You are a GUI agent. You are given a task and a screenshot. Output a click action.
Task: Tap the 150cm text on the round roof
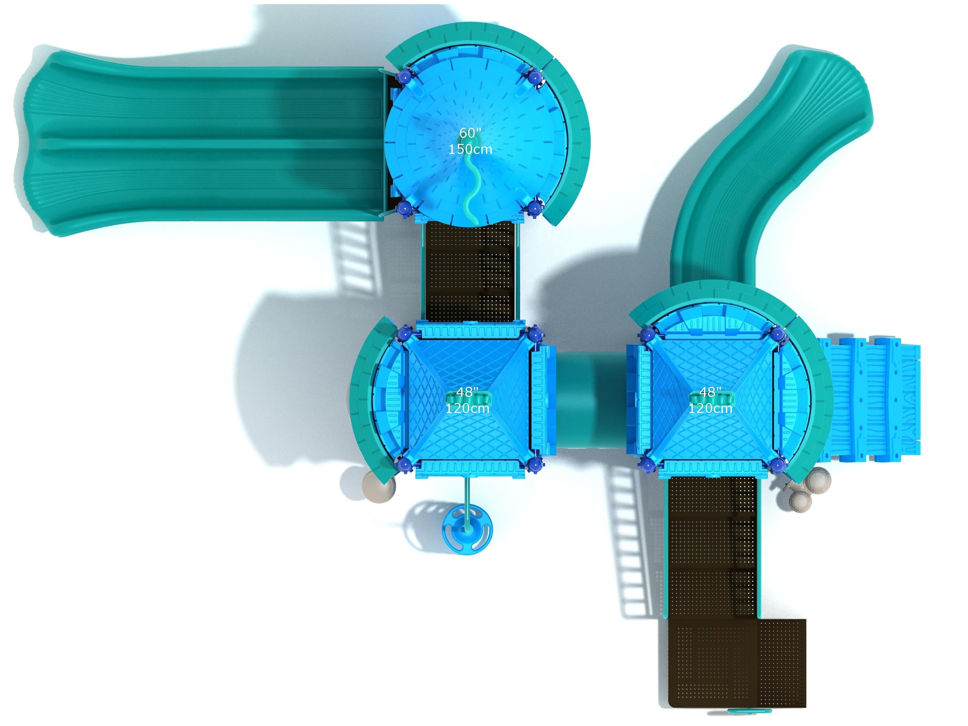pyautogui.click(x=470, y=149)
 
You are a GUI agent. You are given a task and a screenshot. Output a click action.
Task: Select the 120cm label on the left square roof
pyautogui.click(x=467, y=408)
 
